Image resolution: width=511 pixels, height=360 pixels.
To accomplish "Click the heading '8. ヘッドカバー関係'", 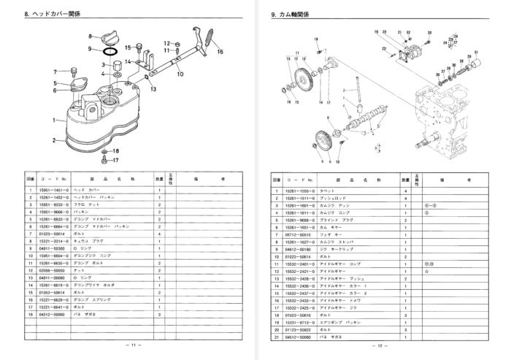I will click(50, 14).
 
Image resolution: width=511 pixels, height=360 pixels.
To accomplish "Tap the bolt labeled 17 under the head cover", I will click(105, 158).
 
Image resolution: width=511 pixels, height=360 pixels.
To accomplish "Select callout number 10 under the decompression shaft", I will click(180, 74).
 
